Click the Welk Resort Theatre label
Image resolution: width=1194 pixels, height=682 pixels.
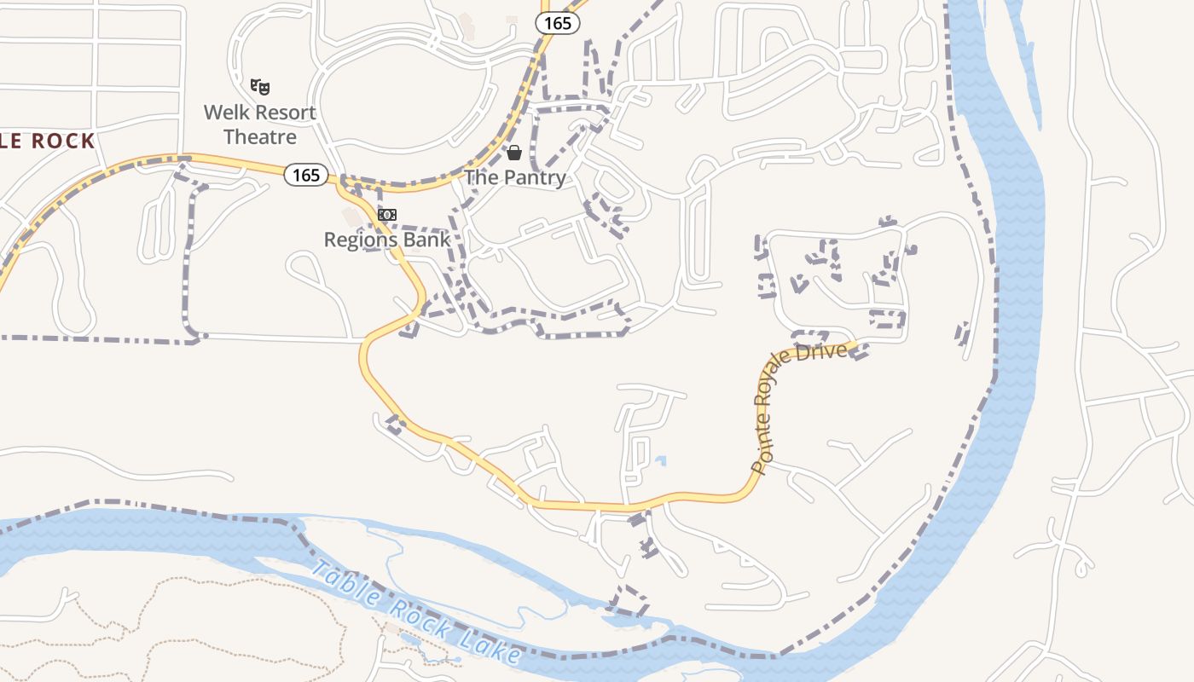259,124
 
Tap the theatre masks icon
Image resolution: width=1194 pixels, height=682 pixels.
260,86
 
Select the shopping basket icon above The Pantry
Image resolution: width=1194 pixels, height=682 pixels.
514,153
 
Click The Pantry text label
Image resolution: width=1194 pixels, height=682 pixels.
515,177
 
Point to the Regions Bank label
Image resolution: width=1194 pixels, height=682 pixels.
386,240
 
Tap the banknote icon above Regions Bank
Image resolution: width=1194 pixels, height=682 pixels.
387,214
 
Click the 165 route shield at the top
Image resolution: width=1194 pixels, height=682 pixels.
558,23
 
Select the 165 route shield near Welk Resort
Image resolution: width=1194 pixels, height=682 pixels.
306,176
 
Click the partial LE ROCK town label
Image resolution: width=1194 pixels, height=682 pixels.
47,142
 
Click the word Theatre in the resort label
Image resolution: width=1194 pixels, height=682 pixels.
259,137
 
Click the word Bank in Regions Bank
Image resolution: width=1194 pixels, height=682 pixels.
429,240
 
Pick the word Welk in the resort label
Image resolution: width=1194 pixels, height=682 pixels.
224,113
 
